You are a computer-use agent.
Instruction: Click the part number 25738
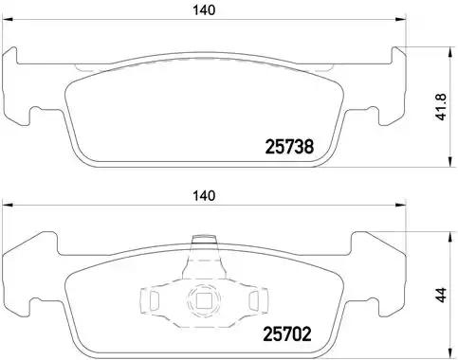(287, 146)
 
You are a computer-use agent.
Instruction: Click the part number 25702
(287, 333)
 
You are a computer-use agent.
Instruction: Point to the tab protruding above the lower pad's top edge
(201, 245)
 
